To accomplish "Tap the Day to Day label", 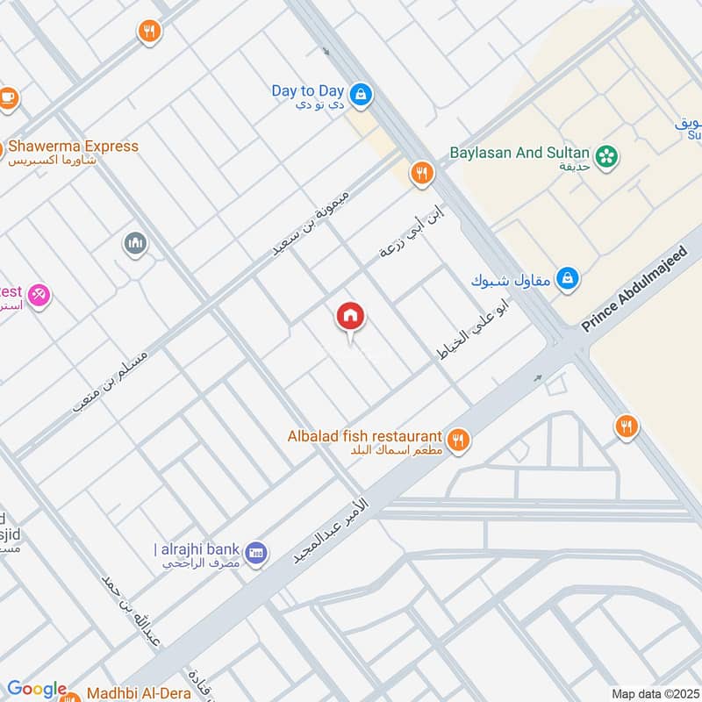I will coord(307,90).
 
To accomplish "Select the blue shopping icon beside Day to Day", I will coord(359,93).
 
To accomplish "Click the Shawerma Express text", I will coord(74,147).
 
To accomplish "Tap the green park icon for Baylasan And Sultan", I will coord(605,157).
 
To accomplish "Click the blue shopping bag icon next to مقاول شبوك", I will coord(568,279).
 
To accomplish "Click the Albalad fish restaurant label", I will coord(364,436).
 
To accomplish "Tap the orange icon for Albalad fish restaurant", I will coord(457,440).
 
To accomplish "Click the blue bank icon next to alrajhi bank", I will coord(256,553).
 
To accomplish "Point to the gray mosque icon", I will coord(135,243).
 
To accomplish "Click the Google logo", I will coord(36,689).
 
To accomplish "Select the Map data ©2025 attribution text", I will coord(654,693).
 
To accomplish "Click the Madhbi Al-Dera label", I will coord(140,693).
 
